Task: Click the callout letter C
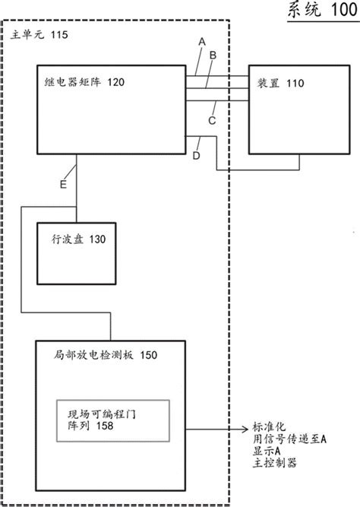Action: (x=213, y=119)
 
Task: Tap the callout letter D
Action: (x=197, y=156)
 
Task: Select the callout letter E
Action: (x=65, y=184)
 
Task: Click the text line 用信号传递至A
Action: (x=289, y=439)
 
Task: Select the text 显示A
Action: (x=267, y=451)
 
